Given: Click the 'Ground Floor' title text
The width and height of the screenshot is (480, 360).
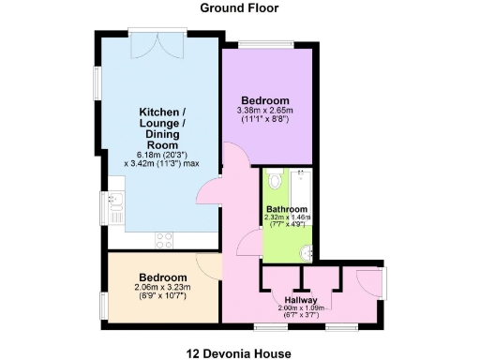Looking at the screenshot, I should point(239,8).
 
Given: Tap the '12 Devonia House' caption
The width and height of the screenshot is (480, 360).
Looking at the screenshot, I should point(239,352).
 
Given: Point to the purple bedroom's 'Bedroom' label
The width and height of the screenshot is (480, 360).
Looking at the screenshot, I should point(265,101).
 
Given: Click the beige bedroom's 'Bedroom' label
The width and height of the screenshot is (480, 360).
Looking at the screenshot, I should point(163,277).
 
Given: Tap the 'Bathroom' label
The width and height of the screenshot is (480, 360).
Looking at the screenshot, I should point(286,209).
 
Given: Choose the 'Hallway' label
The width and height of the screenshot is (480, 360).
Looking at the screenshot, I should point(300,299).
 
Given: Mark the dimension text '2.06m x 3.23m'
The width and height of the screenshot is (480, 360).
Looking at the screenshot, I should point(163,288).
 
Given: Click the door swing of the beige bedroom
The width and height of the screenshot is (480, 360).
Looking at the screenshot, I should point(208,265).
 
